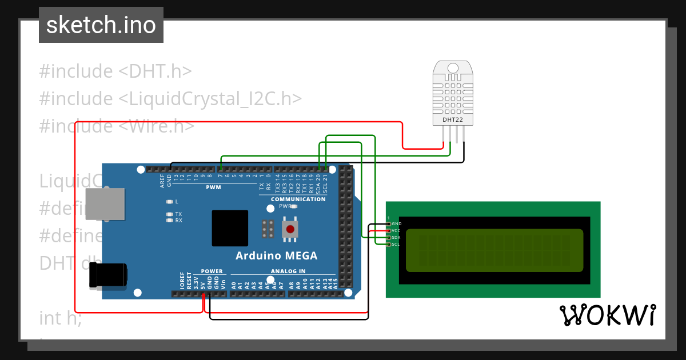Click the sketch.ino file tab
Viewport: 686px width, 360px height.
(101, 25)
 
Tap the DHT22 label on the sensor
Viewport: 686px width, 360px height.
(452, 120)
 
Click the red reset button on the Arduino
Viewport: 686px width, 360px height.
(290, 230)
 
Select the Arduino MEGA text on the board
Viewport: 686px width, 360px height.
(277, 255)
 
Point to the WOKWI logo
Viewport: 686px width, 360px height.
(607, 315)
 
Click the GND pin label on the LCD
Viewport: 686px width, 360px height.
(396, 223)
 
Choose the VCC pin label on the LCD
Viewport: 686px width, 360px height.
(396, 230)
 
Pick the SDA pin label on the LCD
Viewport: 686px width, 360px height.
(396, 237)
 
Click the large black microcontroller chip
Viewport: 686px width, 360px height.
(230, 228)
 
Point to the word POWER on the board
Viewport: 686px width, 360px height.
(212, 271)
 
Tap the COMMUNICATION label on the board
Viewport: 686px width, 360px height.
(298, 199)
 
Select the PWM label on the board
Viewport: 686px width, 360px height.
(214, 187)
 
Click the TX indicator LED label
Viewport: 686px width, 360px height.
(178, 214)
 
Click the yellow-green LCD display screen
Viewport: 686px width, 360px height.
(494, 250)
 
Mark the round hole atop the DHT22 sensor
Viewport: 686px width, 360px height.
(452, 67)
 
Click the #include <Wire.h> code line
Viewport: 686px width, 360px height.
(117, 126)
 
